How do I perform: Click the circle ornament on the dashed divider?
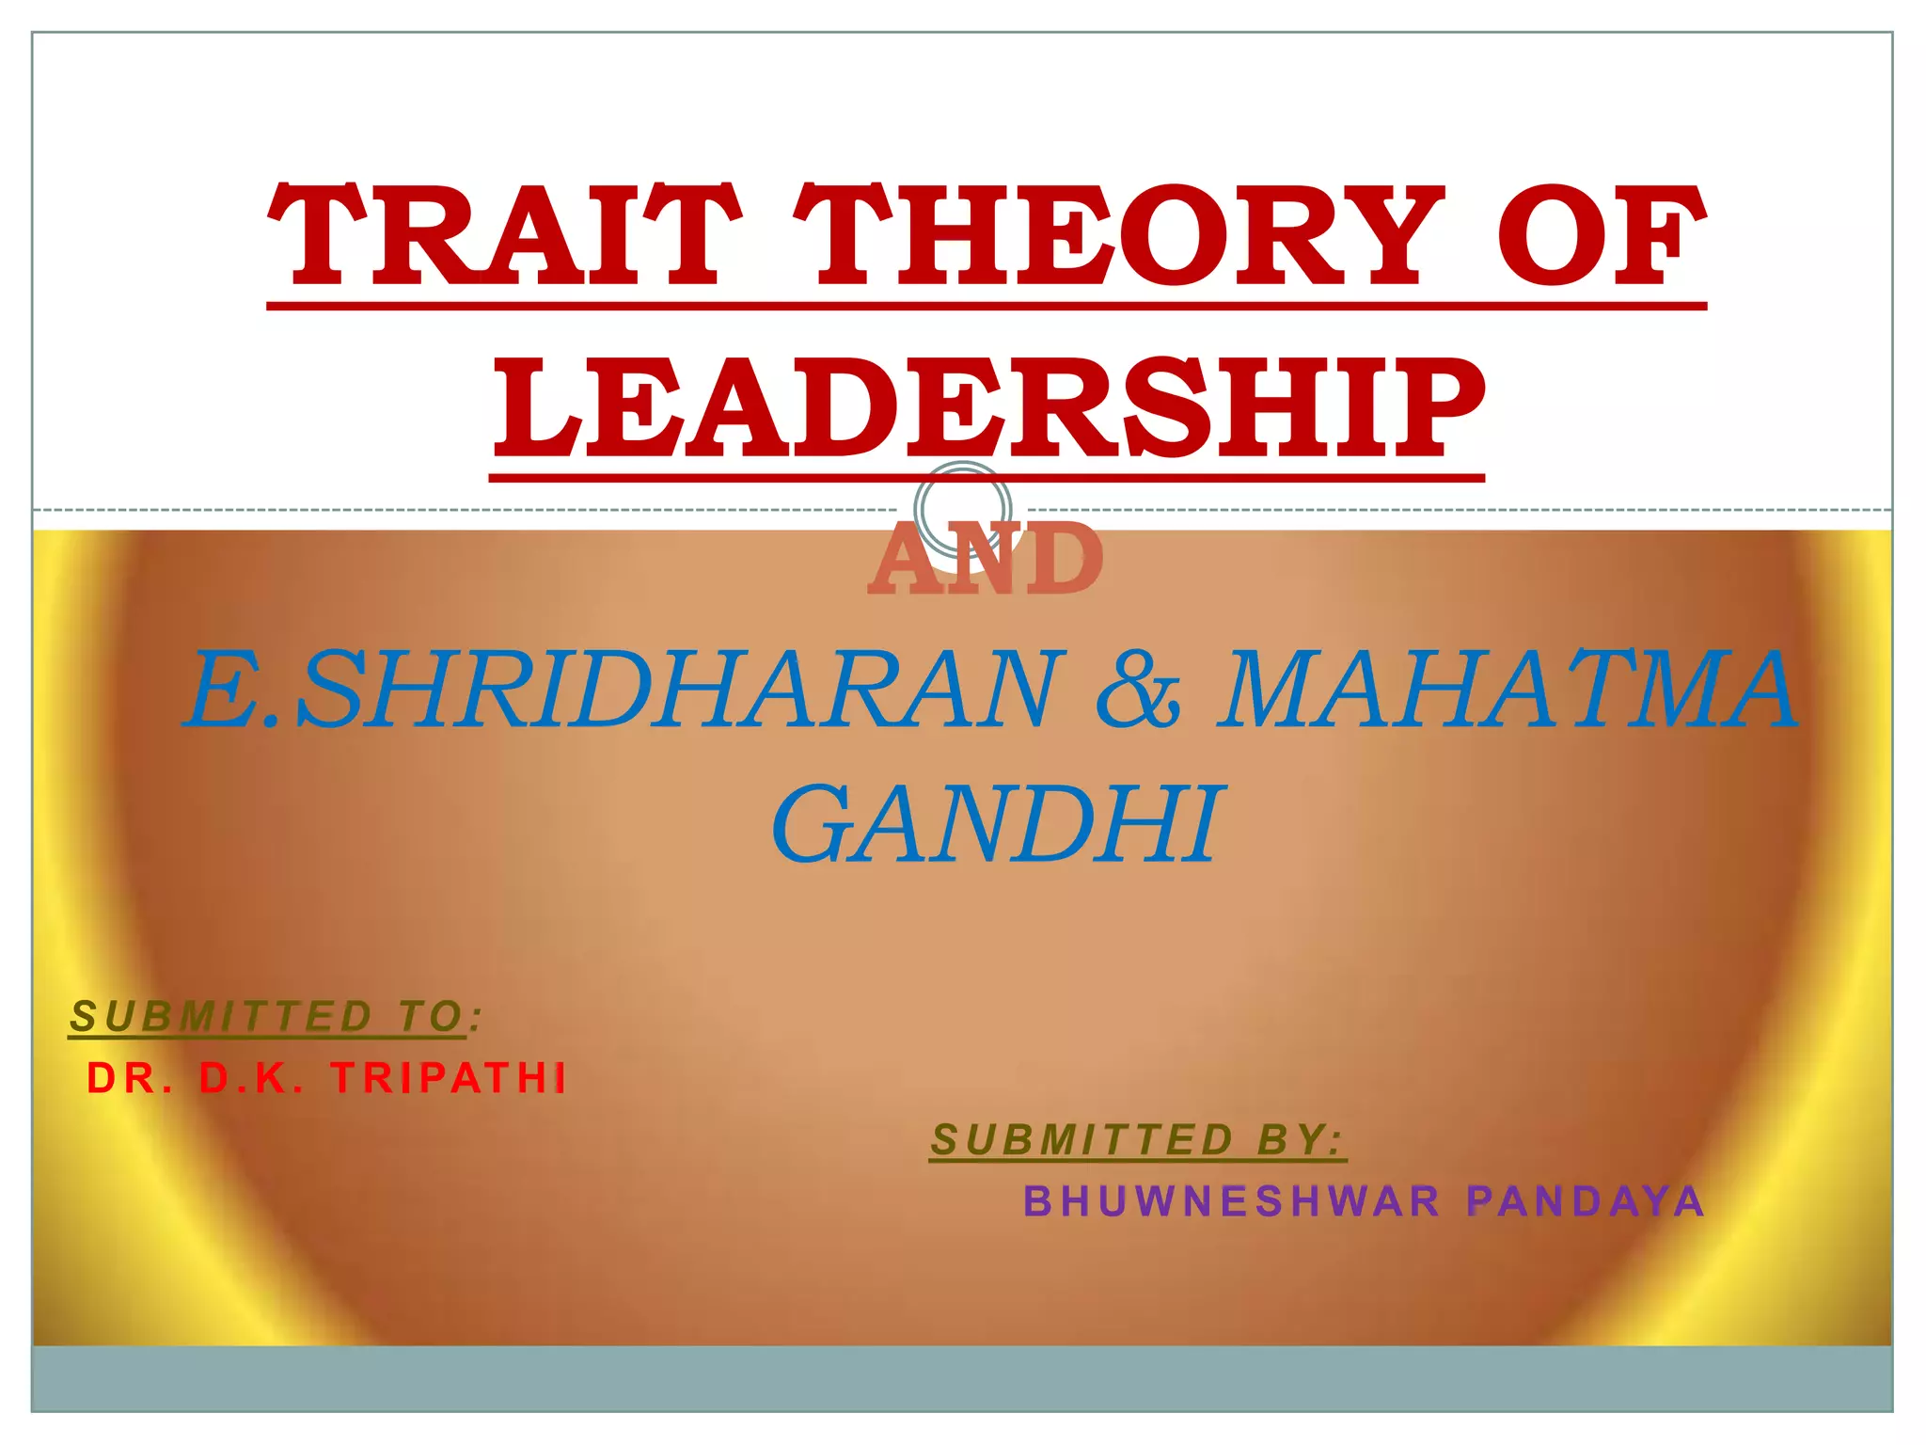(x=963, y=509)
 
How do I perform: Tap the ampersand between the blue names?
(x=1139, y=691)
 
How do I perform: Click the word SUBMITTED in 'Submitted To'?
(x=223, y=1017)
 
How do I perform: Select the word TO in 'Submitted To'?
(x=431, y=1017)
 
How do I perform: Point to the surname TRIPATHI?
(x=450, y=1079)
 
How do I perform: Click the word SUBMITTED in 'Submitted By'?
(x=1082, y=1141)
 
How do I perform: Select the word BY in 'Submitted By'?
(x=1298, y=1141)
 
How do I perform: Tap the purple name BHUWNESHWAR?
(x=1231, y=1202)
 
